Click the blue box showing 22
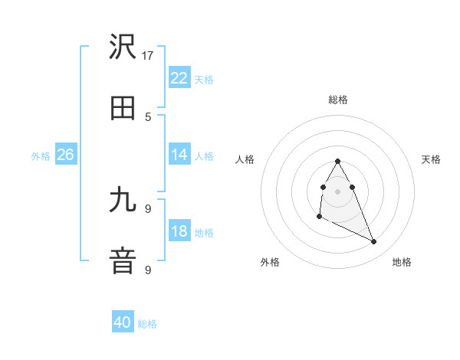[179, 78]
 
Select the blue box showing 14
[179, 155]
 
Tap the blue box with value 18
[179, 231]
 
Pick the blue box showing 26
[65, 155]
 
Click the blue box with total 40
[123, 323]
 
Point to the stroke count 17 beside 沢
[148, 55]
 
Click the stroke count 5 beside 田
[148, 116]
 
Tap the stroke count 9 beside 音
[148, 270]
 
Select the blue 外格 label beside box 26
[41, 155]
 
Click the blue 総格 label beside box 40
[147, 324]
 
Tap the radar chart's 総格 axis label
[338, 100]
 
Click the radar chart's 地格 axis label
[402, 262]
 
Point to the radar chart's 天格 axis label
[432, 159]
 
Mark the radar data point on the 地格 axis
[374, 242]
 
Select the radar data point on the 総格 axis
[338, 161]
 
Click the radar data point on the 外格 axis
[319, 218]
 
